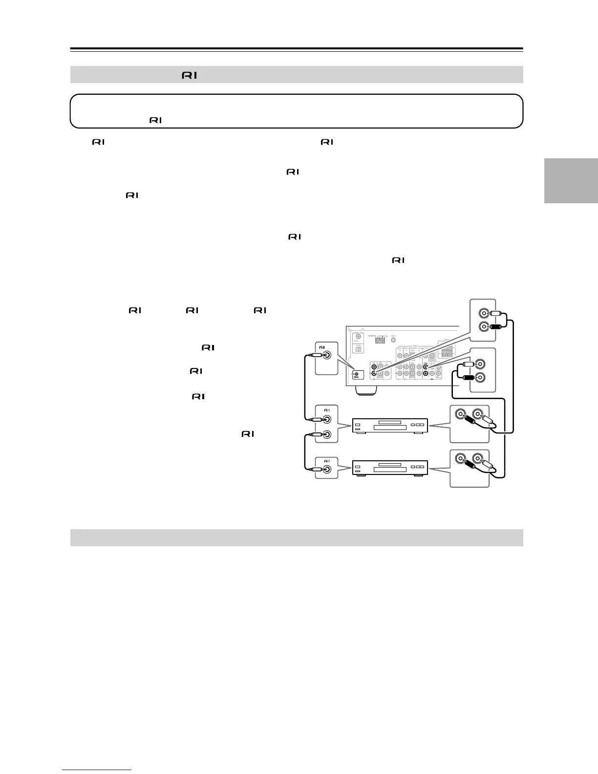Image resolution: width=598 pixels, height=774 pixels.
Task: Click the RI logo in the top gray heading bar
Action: point(190,75)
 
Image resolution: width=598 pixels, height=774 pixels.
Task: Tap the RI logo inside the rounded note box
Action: point(155,120)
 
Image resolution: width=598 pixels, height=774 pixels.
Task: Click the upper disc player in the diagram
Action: point(390,426)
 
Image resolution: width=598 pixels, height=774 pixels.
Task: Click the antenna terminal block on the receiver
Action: point(380,340)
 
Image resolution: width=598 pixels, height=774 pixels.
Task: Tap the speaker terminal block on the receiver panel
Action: point(447,356)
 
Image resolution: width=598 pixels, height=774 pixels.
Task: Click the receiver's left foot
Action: point(366,389)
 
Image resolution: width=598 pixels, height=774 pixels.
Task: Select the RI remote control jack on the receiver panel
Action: point(357,375)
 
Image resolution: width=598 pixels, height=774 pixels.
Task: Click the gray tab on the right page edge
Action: point(571,180)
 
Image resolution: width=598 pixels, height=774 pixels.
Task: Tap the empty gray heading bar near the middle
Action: point(297,537)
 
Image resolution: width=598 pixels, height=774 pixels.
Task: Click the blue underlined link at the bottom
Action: point(97,770)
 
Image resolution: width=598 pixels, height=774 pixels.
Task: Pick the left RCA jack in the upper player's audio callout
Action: point(460,415)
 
